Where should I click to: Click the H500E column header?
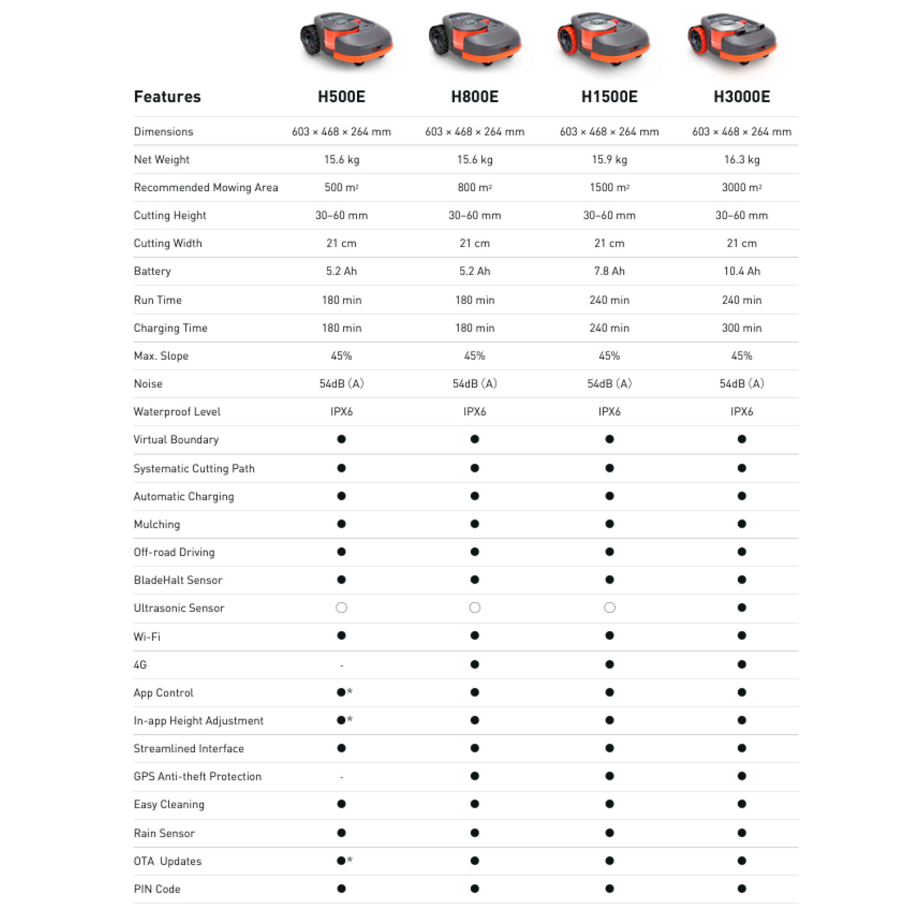(x=341, y=97)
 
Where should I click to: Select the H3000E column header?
(x=741, y=97)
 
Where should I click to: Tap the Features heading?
(x=167, y=97)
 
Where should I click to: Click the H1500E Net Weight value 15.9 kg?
(x=609, y=160)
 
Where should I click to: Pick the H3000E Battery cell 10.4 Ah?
(x=741, y=271)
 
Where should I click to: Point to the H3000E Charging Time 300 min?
(x=741, y=328)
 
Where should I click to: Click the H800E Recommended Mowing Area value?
(x=474, y=187)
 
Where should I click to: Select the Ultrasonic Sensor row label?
(x=179, y=608)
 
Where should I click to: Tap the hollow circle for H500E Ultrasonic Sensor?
(x=341, y=608)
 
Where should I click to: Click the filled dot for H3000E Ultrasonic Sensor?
(x=742, y=608)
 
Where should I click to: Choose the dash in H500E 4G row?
(x=341, y=665)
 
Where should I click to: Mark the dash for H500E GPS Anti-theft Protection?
(x=341, y=777)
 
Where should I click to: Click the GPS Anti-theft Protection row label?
(x=197, y=776)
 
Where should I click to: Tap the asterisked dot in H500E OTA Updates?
(x=342, y=861)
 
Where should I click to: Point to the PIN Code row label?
(x=157, y=889)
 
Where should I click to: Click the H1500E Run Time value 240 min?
(x=609, y=300)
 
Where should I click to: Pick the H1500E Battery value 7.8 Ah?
(x=609, y=271)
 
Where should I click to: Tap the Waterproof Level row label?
(x=177, y=412)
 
